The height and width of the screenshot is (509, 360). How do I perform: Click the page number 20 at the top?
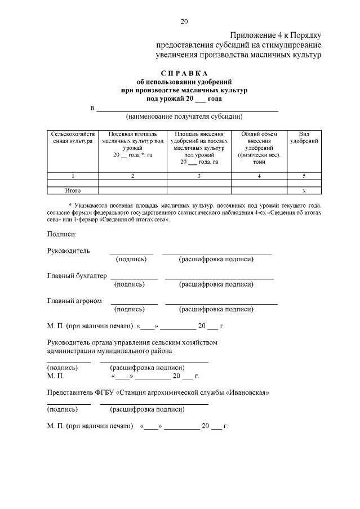[x=184, y=21]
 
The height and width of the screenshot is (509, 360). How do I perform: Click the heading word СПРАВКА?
[x=184, y=73]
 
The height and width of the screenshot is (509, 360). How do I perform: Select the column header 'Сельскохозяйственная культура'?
[x=73, y=138]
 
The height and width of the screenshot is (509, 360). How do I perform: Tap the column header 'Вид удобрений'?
[x=304, y=137]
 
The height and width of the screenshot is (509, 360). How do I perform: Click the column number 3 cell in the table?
[x=199, y=176]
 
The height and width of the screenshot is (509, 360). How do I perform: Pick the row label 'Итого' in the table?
[x=73, y=190]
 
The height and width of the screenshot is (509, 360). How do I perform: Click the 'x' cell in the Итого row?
[x=304, y=190]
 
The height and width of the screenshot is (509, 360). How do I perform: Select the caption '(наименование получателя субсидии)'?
[x=184, y=117]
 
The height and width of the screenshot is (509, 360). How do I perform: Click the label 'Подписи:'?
[x=61, y=233]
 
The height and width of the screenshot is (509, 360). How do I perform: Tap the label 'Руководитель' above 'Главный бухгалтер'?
[x=68, y=251]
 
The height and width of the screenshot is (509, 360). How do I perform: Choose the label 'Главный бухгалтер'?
[x=77, y=276]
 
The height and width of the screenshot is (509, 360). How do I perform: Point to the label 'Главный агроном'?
[x=74, y=301]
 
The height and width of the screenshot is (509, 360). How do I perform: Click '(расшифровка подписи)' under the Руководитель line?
[x=216, y=259]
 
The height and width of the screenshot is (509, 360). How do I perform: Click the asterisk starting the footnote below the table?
[x=69, y=206]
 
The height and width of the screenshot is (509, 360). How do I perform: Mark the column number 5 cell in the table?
[x=304, y=176]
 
